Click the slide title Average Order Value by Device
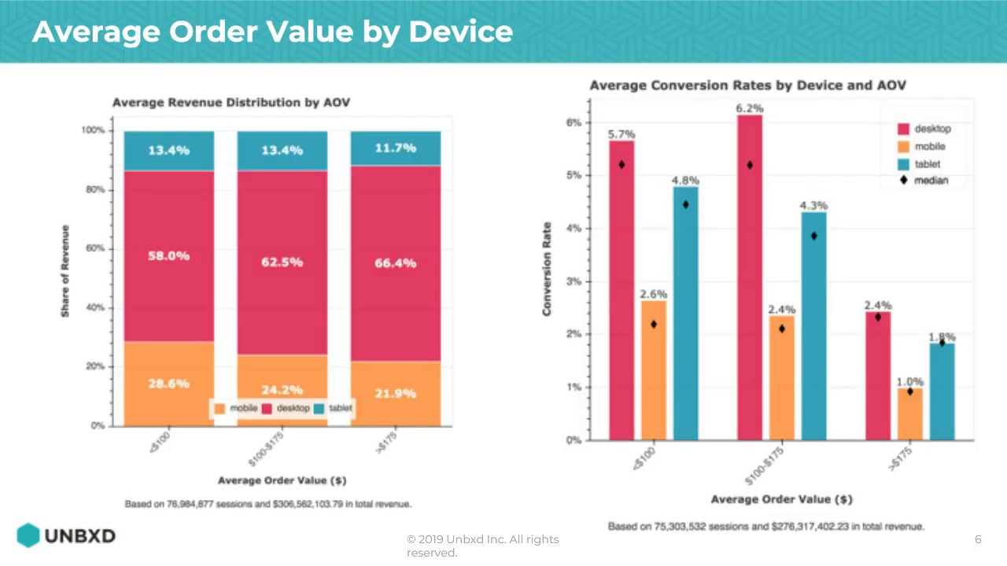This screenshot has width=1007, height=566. (272, 31)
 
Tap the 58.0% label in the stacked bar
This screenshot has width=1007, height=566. (168, 256)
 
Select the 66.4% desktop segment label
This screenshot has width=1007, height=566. (395, 263)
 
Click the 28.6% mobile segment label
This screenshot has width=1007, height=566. (168, 384)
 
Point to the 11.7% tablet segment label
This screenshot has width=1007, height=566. (395, 148)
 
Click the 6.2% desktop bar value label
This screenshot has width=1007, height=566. (749, 108)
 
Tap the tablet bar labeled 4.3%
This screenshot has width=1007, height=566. (813, 330)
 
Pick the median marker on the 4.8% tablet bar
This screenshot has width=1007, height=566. (685, 204)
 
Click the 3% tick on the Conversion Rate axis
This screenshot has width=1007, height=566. (574, 281)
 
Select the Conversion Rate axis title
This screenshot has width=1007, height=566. (547, 269)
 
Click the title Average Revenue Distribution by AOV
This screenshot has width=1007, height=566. (231, 103)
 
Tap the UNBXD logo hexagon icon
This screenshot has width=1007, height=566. (28, 535)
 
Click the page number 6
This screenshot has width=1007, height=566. (978, 539)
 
